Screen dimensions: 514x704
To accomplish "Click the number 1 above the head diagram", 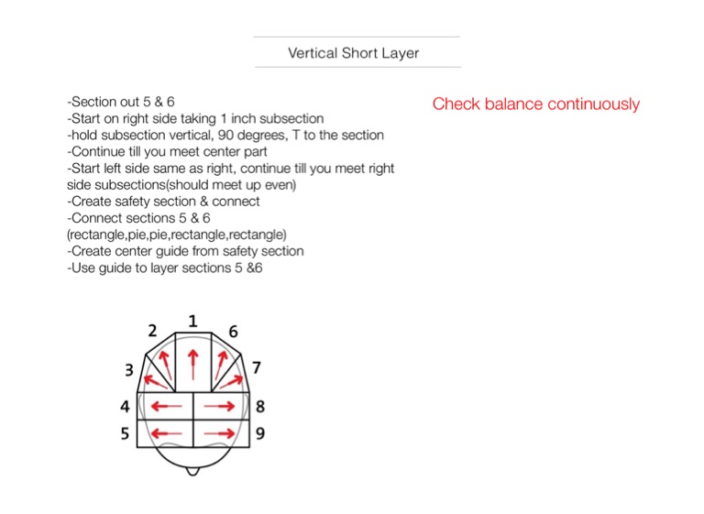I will pos(192,321).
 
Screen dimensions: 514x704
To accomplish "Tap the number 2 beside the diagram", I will pos(152,331).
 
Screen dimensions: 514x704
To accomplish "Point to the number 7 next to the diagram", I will pos(257,368).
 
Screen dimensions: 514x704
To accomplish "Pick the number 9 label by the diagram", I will pos(260,433).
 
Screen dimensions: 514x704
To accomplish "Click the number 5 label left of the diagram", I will pos(125,433).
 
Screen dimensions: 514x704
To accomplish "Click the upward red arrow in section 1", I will pos(192,362).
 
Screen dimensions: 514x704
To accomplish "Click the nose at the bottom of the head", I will pos(192,471).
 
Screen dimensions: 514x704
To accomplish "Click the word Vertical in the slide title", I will pos(313,53).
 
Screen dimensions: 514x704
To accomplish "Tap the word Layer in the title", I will pos(401,53).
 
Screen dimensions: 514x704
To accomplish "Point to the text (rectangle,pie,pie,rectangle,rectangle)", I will pos(177,235).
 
